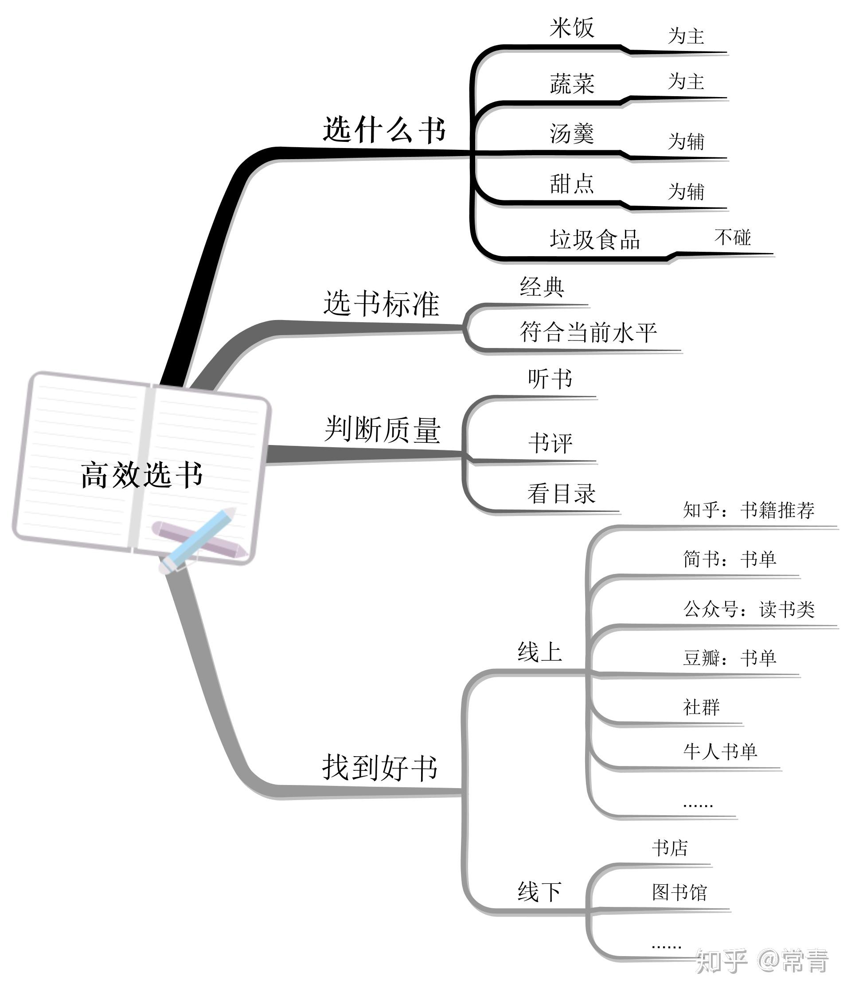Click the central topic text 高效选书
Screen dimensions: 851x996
(x=142, y=475)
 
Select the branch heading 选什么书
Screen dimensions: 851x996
(x=384, y=130)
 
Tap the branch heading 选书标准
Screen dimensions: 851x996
(x=381, y=303)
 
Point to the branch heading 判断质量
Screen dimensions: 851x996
(x=382, y=429)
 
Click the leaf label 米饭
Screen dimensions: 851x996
(x=572, y=28)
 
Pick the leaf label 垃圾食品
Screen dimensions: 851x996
(x=595, y=239)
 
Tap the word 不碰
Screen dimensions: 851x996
(x=732, y=237)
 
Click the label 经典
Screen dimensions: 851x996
(x=542, y=287)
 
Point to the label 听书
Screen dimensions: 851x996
(x=550, y=379)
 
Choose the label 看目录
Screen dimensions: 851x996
(x=562, y=494)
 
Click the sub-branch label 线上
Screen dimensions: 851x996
(x=540, y=652)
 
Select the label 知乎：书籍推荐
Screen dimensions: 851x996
(x=749, y=510)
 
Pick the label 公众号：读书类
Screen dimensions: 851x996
(x=749, y=609)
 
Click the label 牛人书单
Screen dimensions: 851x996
(x=720, y=751)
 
